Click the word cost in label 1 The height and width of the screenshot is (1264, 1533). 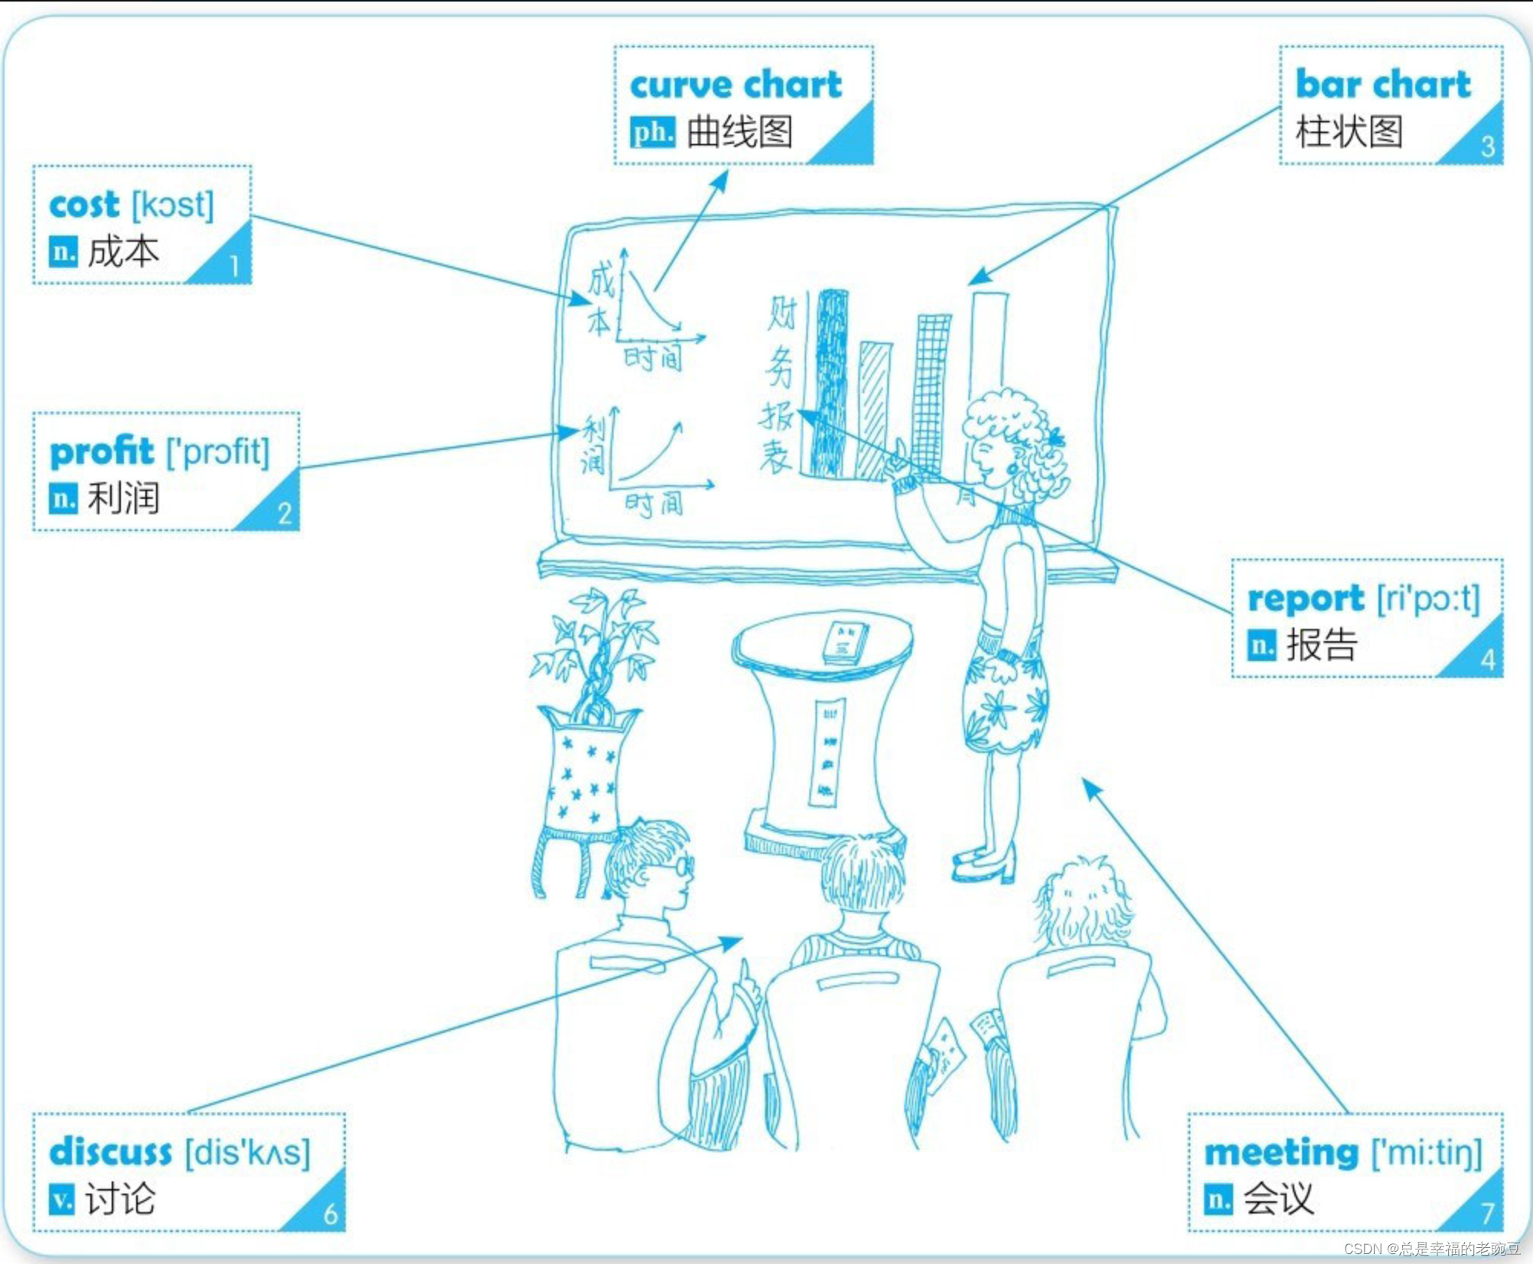[x=84, y=205]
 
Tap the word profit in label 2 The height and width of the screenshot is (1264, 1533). [x=102, y=451]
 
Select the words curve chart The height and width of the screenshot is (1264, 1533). [x=735, y=84]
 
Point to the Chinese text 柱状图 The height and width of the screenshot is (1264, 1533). [x=1349, y=132]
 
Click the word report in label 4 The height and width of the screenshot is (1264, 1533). [x=1305, y=599]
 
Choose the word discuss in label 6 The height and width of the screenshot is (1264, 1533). [x=110, y=1152]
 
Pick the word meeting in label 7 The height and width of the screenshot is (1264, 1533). [x=1281, y=1152]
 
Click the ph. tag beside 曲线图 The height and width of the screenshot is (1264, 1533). [x=653, y=132]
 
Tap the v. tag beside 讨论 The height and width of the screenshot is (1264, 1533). [x=62, y=1199]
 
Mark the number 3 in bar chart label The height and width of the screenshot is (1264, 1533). [x=1487, y=147]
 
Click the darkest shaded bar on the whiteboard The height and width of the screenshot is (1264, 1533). [x=832, y=383]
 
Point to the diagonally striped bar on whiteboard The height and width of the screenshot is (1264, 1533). [x=874, y=409]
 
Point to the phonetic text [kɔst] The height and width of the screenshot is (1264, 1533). [x=173, y=205]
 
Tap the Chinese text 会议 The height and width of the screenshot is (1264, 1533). [x=1278, y=1199]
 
